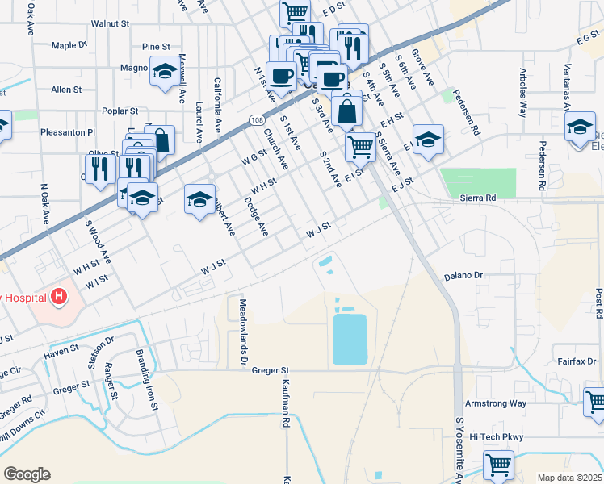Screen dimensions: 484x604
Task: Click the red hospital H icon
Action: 58,297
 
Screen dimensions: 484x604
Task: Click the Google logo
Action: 27,474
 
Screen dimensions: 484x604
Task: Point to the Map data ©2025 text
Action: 568,477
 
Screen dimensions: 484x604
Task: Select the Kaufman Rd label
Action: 286,403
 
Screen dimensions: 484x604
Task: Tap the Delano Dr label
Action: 463,276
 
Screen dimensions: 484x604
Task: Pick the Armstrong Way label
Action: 496,403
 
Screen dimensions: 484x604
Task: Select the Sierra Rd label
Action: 477,196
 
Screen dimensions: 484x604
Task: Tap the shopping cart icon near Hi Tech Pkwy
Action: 498,464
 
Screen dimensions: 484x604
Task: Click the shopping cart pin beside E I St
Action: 359,146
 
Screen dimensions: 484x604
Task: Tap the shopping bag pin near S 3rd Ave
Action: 346,110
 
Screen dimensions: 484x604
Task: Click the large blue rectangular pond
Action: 350,339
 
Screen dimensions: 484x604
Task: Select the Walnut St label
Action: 110,24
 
